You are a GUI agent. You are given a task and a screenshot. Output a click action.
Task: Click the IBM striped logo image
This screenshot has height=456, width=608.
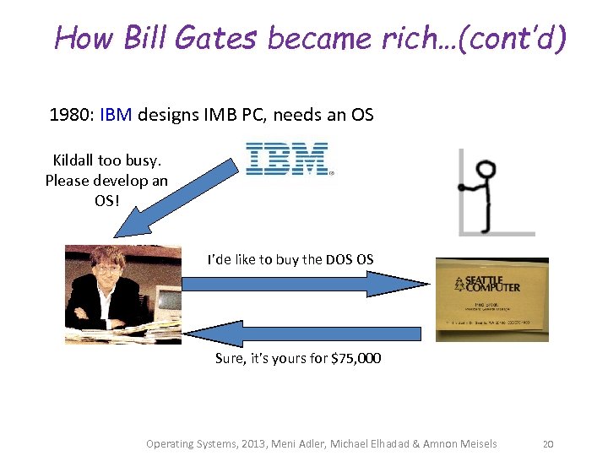[x=286, y=159]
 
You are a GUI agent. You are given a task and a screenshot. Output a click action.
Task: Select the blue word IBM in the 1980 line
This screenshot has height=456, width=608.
[x=116, y=115]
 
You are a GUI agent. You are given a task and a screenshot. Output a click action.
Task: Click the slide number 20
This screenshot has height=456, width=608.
[x=547, y=443]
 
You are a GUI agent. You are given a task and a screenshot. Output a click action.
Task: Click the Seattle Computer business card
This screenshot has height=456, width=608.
[x=491, y=300]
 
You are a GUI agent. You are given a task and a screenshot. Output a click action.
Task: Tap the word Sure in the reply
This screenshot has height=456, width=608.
[x=231, y=358]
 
